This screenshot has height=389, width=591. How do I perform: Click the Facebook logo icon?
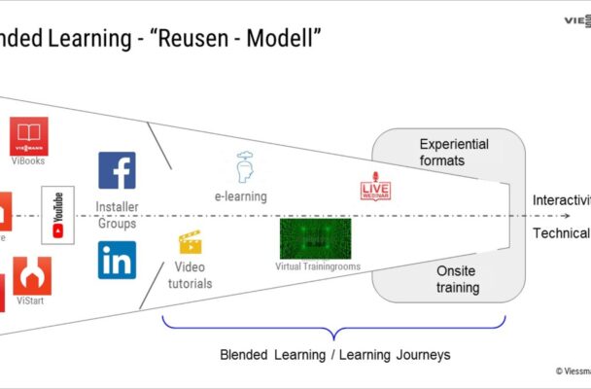click(x=117, y=170)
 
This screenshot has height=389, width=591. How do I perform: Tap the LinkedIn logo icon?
click(x=117, y=260)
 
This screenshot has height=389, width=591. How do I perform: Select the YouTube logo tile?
click(x=57, y=215)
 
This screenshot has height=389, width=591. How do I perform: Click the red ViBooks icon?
click(x=29, y=134)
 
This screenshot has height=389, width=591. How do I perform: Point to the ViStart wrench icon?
click(x=31, y=275)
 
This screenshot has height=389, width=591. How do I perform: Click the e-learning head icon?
click(x=245, y=167)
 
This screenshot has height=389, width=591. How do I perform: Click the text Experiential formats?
click(x=453, y=152)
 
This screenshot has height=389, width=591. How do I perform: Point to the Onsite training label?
click(x=456, y=280)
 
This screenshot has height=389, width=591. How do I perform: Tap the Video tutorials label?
click(x=192, y=274)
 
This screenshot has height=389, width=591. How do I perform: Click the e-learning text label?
click(x=241, y=196)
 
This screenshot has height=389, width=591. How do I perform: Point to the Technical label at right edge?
click(x=561, y=233)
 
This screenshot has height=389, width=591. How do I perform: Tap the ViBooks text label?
click(x=29, y=160)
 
